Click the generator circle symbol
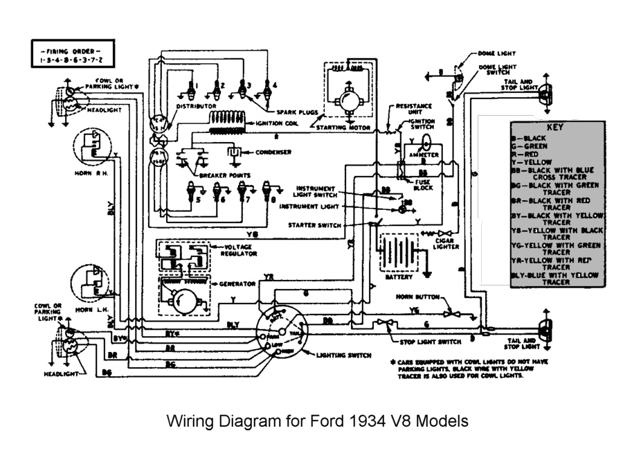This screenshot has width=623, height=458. pyautogui.click(x=184, y=299)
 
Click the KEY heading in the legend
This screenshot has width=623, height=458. pyautogui.click(x=554, y=128)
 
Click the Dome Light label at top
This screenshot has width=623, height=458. pyautogui.click(x=496, y=53)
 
